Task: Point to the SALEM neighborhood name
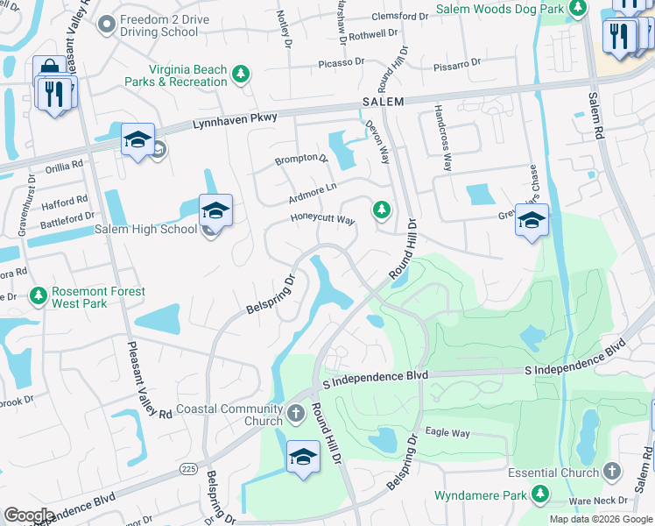tap(383, 103)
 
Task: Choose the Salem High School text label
tap(146, 230)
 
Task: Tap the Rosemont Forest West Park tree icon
tap(38, 296)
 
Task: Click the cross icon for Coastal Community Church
tap(296, 412)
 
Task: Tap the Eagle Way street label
tap(447, 432)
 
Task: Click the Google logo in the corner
tap(29, 515)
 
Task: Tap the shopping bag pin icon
tap(47, 69)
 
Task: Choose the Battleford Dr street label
tap(66, 217)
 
